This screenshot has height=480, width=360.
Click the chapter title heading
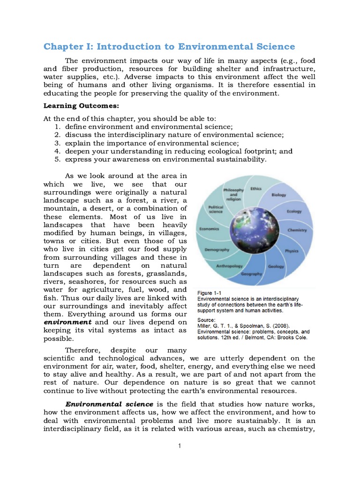[x=169, y=46]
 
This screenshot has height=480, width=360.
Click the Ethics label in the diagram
[x=256, y=189]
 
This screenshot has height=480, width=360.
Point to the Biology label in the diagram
[x=278, y=195]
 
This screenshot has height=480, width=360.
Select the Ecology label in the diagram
[x=294, y=211]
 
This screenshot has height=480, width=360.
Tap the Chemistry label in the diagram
[x=297, y=230]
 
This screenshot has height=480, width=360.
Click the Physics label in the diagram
[x=292, y=251]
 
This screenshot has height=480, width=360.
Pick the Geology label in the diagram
[x=276, y=266]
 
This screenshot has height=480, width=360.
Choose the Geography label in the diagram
[x=251, y=274]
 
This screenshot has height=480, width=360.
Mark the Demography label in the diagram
[x=216, y=250]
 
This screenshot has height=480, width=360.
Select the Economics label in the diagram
[x=210, y=229]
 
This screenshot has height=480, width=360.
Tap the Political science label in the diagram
[x=216, y=209]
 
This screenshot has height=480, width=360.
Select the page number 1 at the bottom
[x=180, y=445]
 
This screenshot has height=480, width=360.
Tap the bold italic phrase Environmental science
[x=109, y=404]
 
